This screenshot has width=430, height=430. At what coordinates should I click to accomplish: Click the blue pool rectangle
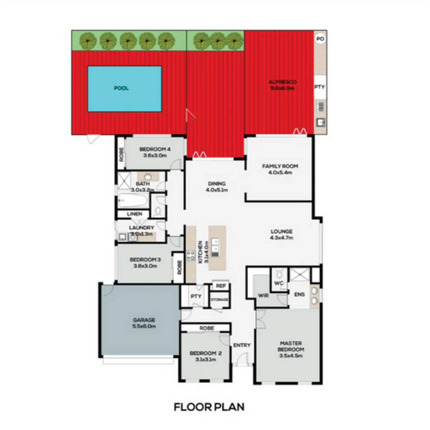(124, 88)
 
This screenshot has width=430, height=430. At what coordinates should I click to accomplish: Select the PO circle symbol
(320, 39)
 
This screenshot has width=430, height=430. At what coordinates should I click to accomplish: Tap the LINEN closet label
(135, 214)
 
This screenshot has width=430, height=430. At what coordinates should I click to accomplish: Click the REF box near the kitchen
(221, 286)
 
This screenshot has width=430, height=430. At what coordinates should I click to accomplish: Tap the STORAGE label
(219, 299)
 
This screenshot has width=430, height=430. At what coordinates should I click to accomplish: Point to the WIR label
(263, 296)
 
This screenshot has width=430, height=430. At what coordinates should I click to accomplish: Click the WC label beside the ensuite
(278, 283)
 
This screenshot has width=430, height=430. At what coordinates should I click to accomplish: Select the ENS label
(299, 295)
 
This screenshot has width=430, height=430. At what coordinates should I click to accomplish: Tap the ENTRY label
(242, 345)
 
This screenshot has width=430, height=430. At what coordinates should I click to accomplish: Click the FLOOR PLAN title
(209, 407)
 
